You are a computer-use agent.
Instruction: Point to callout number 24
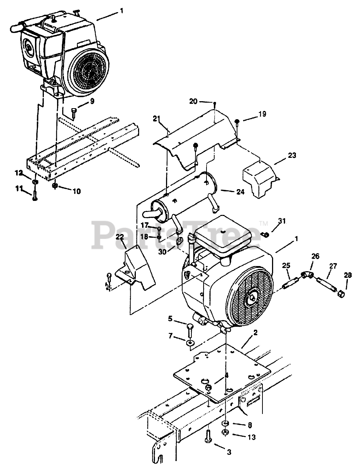240,191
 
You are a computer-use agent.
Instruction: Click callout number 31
282,221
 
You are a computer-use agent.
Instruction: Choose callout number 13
251,438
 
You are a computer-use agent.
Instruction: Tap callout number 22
119,237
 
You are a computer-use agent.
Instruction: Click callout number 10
77,191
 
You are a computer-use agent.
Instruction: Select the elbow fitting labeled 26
306,274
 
